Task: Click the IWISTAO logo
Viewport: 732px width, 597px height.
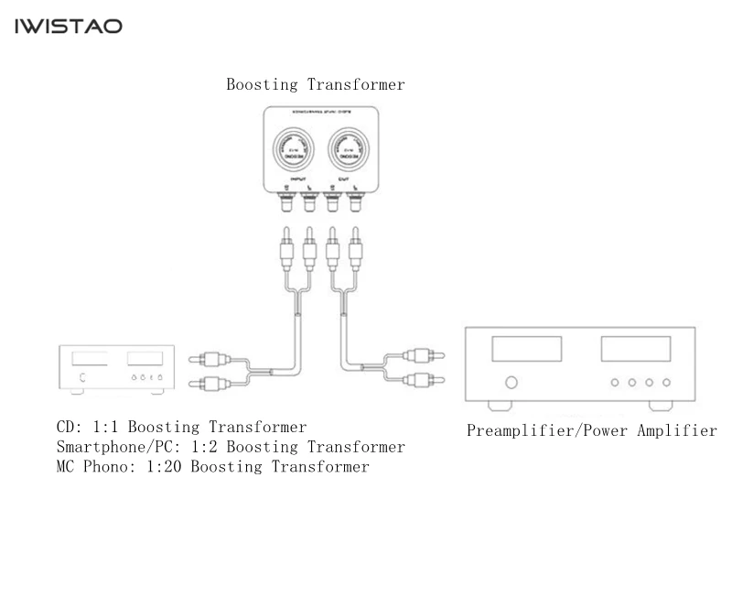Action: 68,27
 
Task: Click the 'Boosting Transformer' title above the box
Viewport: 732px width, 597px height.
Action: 316,85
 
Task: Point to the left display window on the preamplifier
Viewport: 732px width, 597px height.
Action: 527,349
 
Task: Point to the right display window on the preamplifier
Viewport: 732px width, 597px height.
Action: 635,349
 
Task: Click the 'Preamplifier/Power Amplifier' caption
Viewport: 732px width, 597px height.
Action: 592,430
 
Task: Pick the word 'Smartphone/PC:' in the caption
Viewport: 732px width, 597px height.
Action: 115,448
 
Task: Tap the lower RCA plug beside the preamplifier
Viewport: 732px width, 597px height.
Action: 423,378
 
